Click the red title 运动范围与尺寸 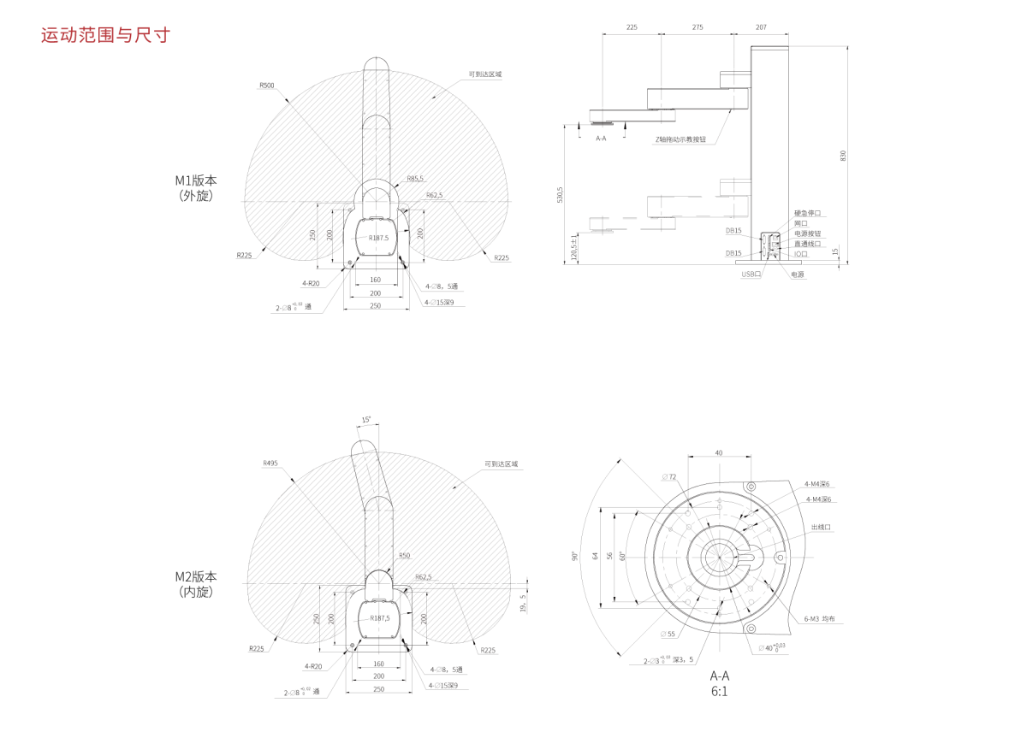[106, 36]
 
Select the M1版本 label [196, 180]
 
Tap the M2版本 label [196, 577]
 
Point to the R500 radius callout [267, 86]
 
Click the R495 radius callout [270, 463]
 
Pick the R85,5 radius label [415, 179]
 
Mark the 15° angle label [366, 420]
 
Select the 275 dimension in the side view [698, 27]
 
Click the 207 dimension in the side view [761, 27]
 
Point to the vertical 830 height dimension [843, 156]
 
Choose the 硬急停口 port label [807, 213]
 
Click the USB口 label [751, 274]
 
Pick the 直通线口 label [807, 244]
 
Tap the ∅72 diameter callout [668, 476]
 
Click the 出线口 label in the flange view [821, 528]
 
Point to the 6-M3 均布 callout [819, 618]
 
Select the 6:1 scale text [719, 691]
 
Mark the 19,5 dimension [524, 604]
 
